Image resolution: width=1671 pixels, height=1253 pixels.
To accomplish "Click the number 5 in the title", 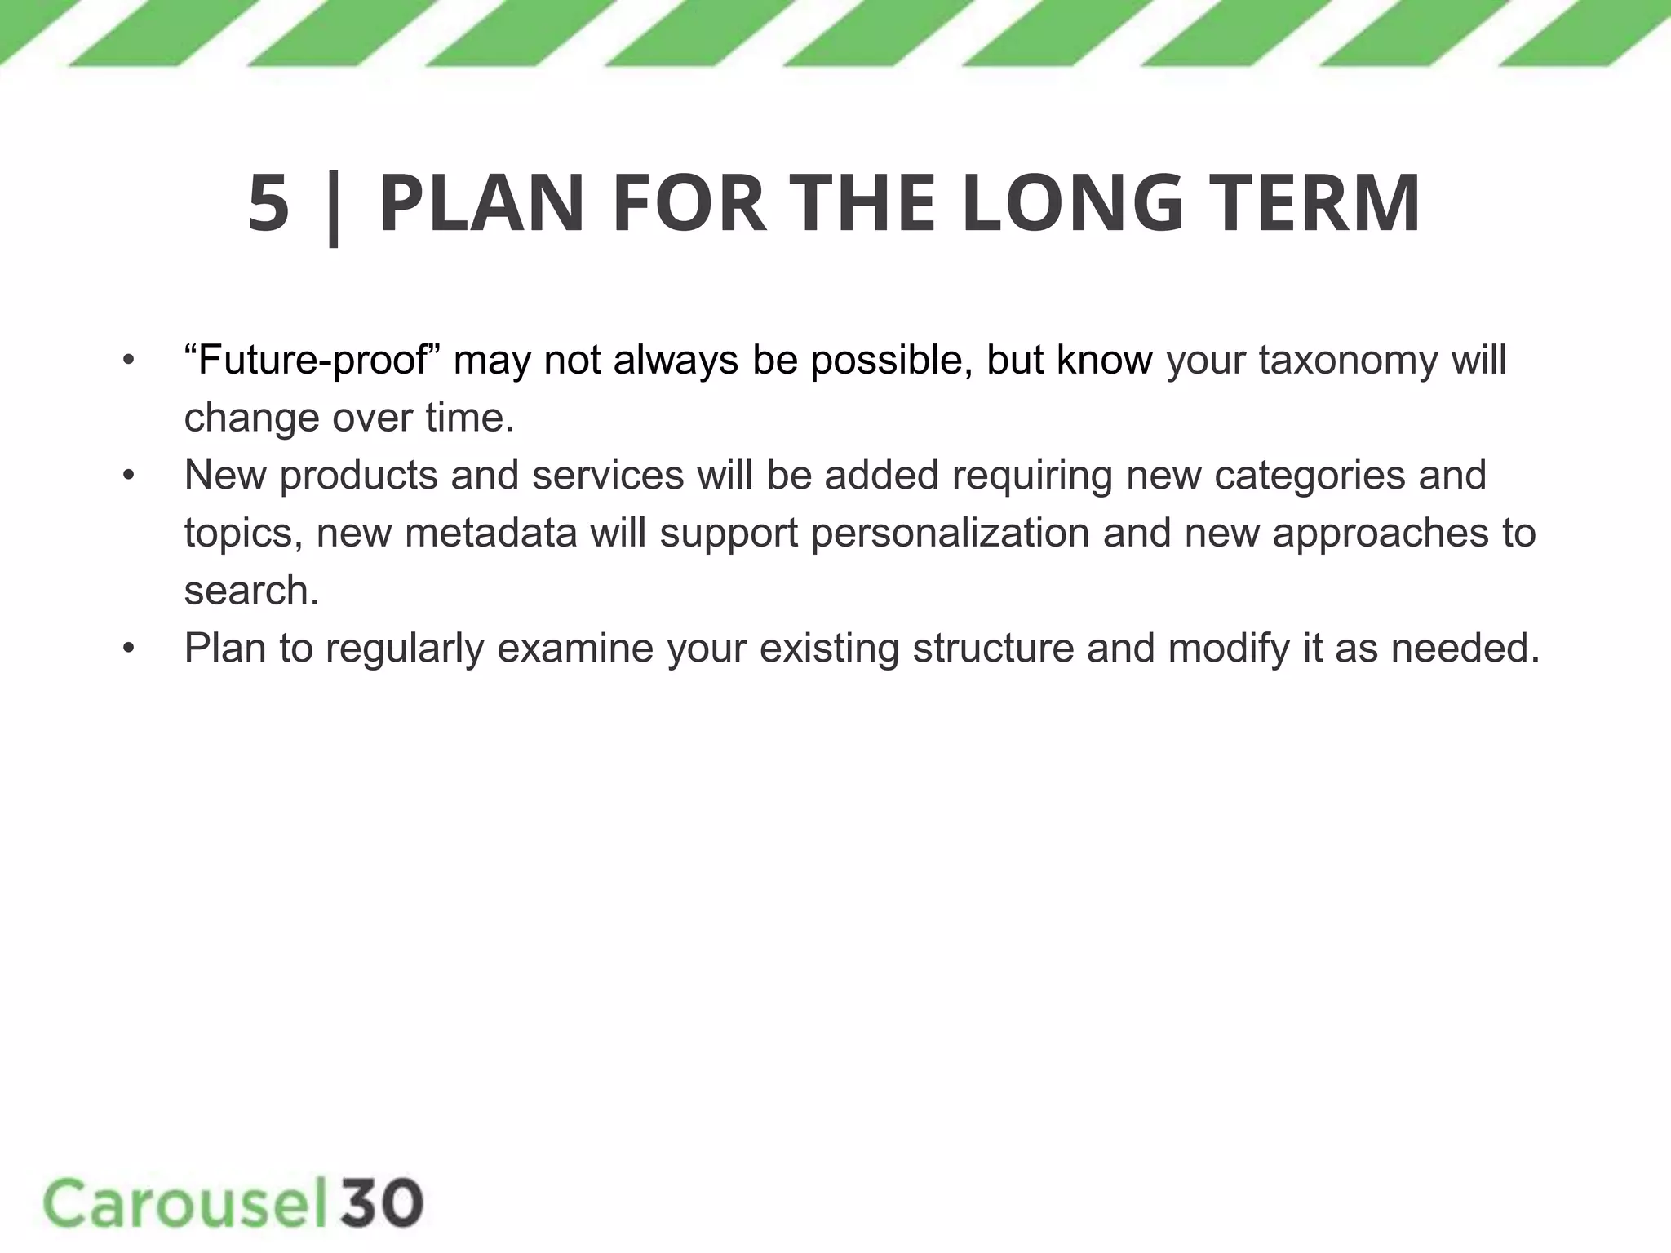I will [x=268, y=203].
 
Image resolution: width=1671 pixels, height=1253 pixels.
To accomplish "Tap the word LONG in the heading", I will [x=1072, y=203].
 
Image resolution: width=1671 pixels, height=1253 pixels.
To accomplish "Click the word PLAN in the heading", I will [x=481, y=203].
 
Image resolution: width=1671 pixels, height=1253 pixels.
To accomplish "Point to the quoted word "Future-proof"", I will [x=312, y=361].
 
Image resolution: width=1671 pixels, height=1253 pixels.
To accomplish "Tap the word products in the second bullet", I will [x=359, y=476].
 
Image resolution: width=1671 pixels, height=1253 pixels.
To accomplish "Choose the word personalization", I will [x=951, y=534].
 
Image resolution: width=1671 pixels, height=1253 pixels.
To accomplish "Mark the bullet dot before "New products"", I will [x=128, y=476].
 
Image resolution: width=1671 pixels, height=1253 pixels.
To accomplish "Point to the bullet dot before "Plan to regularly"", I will [x=128, y=649].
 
